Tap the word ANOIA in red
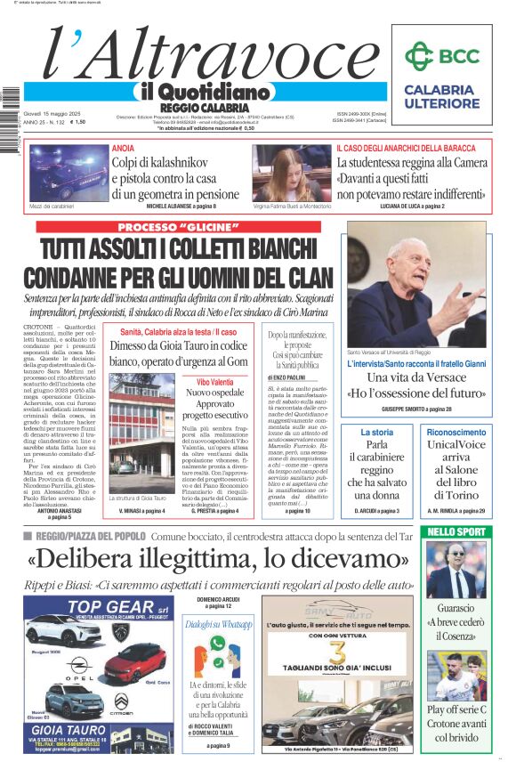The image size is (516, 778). click(x=123, y=148)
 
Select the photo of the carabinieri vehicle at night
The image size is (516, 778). click(x=68, y=174)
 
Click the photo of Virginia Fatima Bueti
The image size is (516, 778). click(x=286, y=173)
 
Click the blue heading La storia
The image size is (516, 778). click(x=376, y=432)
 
